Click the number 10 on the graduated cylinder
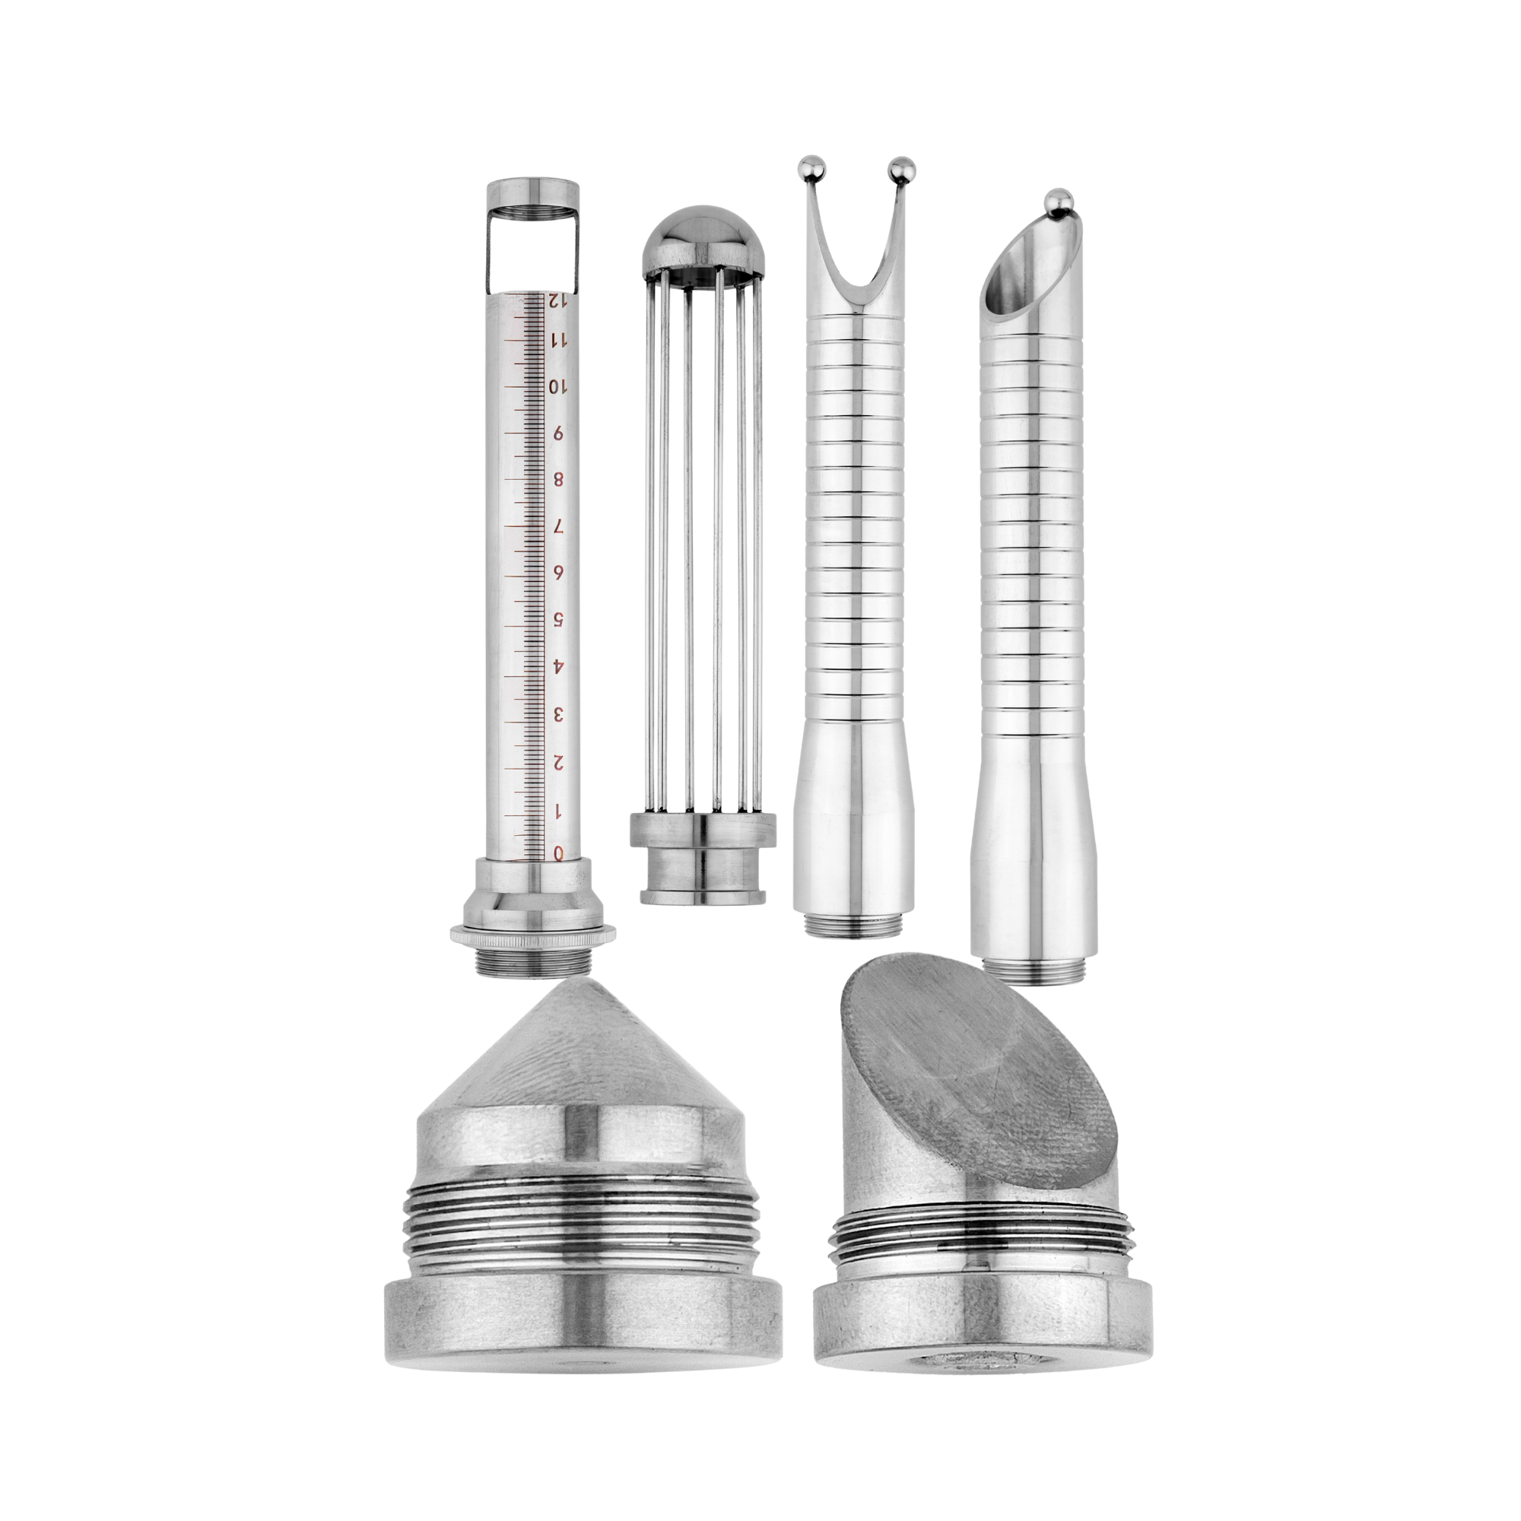[x=557, y=386]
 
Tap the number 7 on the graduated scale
[x=558, y=527]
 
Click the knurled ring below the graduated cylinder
[x=534, y=935]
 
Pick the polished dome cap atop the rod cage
[x=703, y=241]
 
